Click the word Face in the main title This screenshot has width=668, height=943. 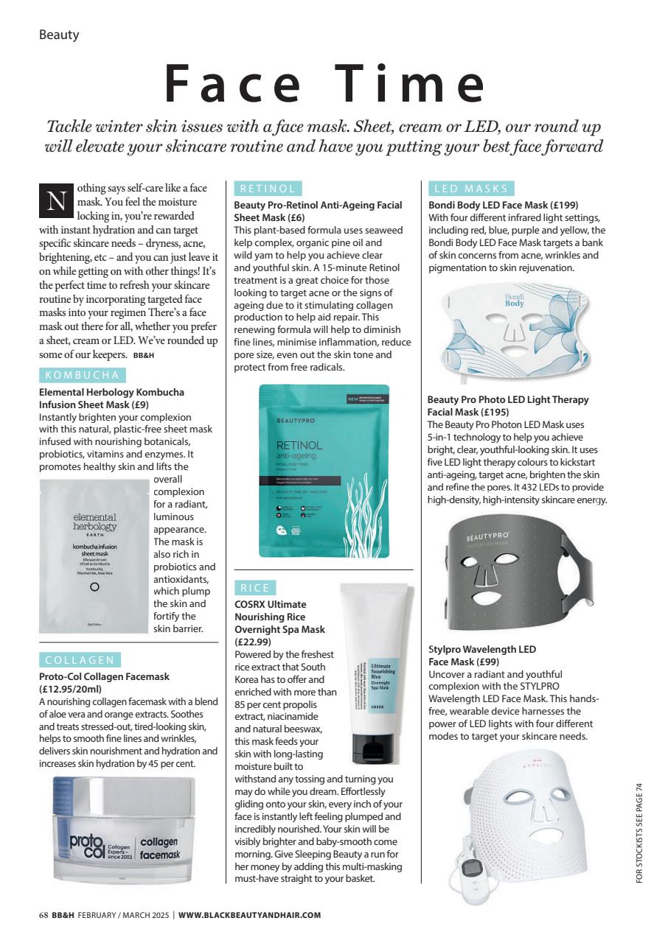pyautogui.click(x=235, y=85)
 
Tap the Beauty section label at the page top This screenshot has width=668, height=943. pyautogui.click(x=59, y=35)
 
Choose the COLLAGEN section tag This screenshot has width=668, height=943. pyautogui.click(x=80, y=659)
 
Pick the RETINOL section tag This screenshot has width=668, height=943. pyautogui.click(x=267, y=189)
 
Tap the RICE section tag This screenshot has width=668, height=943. pyautogui.click(x=254, y=587)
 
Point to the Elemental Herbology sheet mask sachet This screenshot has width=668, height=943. pyautogui.click(x=94, y=555)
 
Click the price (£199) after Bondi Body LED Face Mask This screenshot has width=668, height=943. pyautogui.click(x=564, y=206)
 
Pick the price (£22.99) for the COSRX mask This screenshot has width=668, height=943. pyautogui.click(x=253, y=642)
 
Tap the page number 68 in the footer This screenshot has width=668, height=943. pyautogui.click(x=44, y=915)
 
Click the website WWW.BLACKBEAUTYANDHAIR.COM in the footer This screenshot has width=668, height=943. pyautogui.click(x=249, y=915)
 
